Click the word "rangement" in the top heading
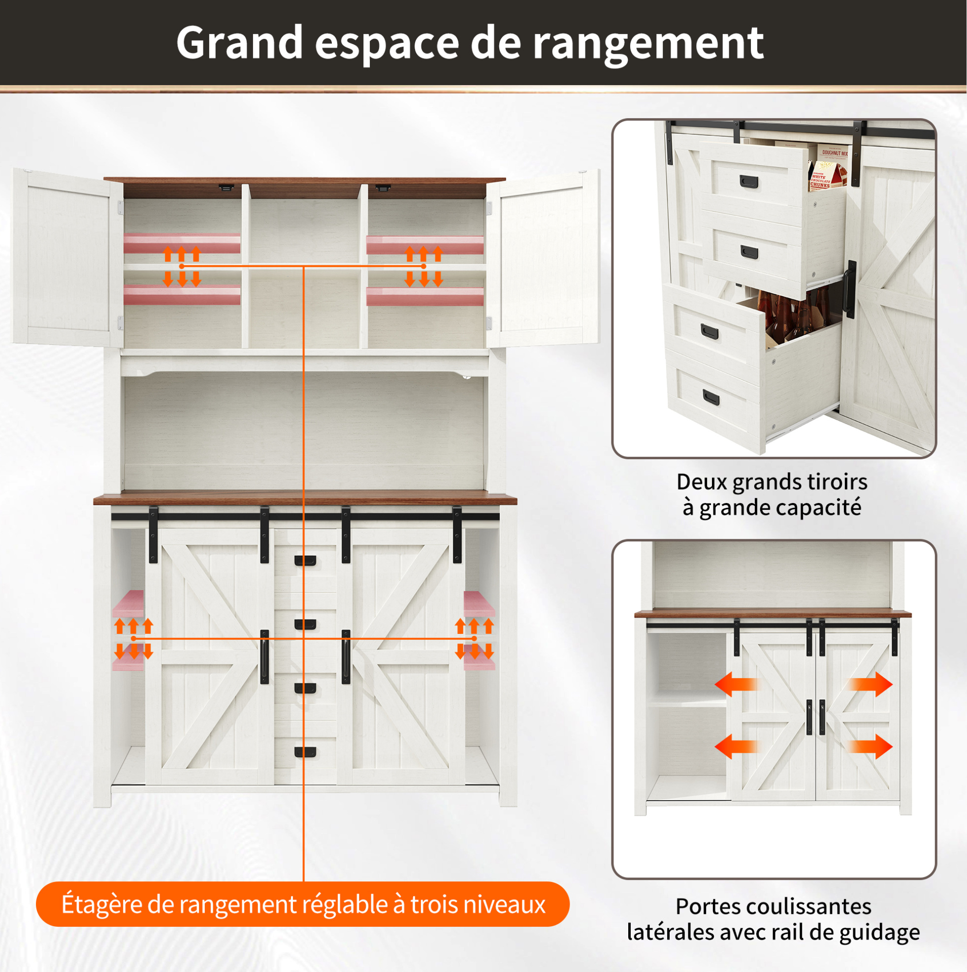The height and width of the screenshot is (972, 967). click(x=648, y=44)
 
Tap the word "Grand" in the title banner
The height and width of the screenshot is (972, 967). click(x=239, y=42)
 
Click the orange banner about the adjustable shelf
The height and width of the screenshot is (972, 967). click(x=302, y=904)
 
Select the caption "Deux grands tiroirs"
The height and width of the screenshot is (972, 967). click(x=772, y=482)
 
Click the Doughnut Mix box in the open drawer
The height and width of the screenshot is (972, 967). click(x=834, y=157)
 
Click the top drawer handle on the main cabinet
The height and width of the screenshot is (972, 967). click(x=305, y=561)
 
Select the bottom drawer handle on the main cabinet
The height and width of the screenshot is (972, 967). click(x=305, y=752)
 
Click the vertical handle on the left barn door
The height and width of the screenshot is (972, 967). click(x=264, y=657)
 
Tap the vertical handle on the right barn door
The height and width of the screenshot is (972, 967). click(x=346, y=657)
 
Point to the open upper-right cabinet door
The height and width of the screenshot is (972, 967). click(x=544, y=258)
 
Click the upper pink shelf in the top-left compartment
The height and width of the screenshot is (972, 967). click(x=182, y=244)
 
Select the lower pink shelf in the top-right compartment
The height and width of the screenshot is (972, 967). click(x=425, y=296)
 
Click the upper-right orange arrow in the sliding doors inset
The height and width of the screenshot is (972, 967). click(x=871, y=684)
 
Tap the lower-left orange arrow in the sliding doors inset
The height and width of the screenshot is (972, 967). click(x=736, y=746)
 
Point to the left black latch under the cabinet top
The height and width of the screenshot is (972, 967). click(x=226, y=188)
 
